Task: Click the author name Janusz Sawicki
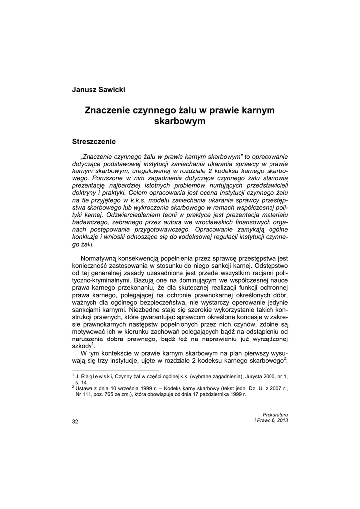(x=99, y=90)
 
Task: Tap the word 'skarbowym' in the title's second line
(x=180, y=120)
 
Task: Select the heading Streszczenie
(x=94, y=141)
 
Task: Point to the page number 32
(x=75, y=421)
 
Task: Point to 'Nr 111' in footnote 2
(x=83, y=394)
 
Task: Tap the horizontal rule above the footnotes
(x=115, y=370)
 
